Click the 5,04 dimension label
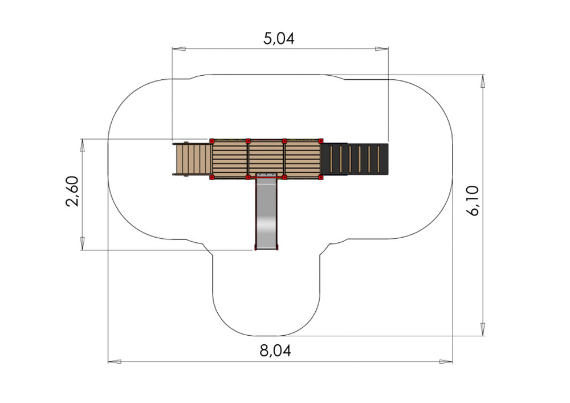click(279, 38)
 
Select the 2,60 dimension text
click(72, 191)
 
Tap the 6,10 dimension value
click(474, 201)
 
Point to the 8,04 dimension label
click(275, 351)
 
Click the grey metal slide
click(266, 211)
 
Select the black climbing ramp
click(355, 159)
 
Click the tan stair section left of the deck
click(193, 159)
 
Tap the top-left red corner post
click(212, 141)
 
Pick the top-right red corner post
click(320, 141)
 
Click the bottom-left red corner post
click(212, 177)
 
